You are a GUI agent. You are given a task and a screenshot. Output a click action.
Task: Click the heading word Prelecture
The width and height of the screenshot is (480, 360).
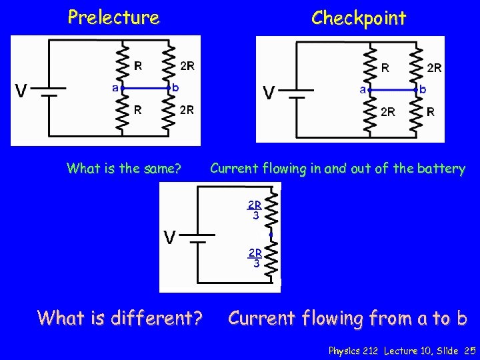[113, 17]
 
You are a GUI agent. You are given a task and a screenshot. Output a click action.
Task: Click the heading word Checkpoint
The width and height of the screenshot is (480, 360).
[358, 18]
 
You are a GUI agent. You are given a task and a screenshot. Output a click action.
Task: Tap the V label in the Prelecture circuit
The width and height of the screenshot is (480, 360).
[23, 91]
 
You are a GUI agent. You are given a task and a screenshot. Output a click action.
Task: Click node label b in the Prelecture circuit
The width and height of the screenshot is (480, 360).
[175, 87]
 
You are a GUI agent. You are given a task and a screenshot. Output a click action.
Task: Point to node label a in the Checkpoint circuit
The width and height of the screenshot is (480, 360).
[363, 88]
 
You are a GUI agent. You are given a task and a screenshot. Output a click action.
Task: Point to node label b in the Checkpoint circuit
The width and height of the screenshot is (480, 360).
[423, 88]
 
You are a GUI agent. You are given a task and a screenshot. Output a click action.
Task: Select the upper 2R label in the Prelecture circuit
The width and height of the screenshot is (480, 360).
[187, 66]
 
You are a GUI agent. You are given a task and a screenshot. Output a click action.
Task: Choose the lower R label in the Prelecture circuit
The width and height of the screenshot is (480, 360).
[137, 110]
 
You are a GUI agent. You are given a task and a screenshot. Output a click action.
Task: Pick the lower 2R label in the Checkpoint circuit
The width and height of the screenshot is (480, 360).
[387, 112]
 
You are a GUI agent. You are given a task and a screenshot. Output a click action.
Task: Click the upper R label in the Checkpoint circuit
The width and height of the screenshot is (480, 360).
[385, 67]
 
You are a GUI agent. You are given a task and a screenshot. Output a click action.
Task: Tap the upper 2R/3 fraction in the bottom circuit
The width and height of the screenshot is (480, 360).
[255, 209]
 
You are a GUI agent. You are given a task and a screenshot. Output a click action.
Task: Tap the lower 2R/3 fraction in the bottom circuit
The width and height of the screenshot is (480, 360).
[255, 257]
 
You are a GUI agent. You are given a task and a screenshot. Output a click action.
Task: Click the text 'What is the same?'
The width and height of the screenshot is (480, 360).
[123, 169]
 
